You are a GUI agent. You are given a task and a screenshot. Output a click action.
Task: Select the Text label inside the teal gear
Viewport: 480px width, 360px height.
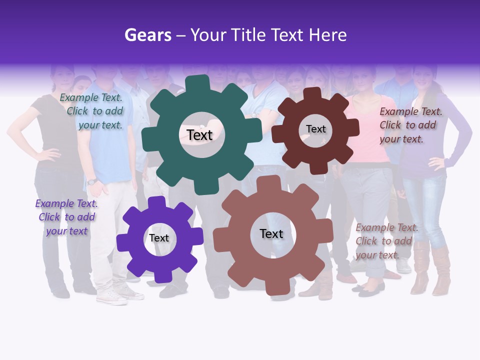point(199,135)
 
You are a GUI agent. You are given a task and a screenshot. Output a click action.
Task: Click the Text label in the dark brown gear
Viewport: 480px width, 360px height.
point(315,129)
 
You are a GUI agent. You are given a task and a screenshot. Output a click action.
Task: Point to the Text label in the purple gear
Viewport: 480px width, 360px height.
point(159,238)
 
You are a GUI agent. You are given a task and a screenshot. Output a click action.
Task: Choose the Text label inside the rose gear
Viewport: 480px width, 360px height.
point(271,233)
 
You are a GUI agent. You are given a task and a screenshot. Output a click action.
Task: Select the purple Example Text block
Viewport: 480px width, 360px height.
point(66,217)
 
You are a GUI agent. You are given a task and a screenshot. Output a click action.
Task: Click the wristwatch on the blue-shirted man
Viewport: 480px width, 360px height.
point(91,181)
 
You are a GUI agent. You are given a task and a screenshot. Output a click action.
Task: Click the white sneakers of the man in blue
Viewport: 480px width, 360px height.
point(112,296)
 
